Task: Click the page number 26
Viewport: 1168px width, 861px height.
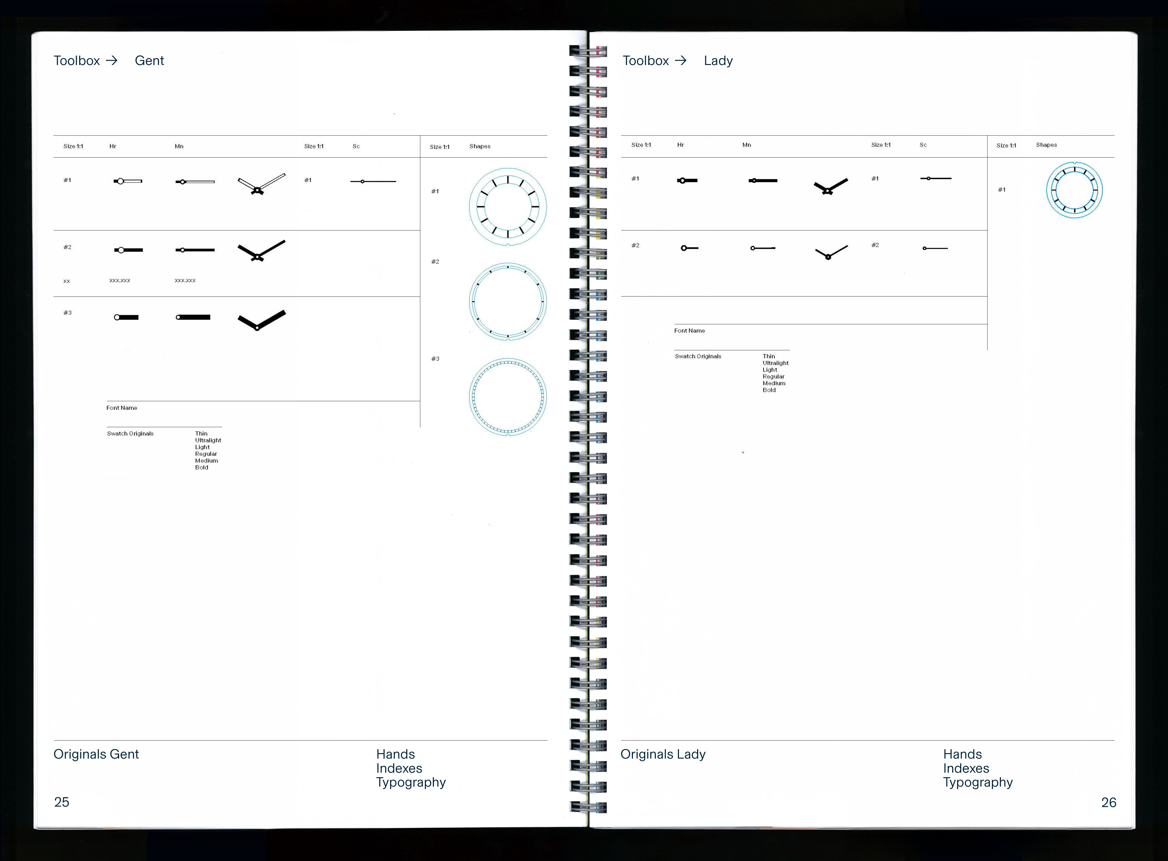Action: point(1108,802)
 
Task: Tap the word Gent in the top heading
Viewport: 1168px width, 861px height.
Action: point(149,61)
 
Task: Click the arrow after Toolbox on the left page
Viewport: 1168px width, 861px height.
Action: point(112,61)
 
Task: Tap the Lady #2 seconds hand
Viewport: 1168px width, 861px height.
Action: point(935,248)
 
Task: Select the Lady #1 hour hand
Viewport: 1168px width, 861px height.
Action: point(687,180)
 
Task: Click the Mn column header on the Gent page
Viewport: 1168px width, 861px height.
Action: point(179,146)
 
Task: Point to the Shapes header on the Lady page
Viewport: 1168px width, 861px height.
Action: point(1046,145)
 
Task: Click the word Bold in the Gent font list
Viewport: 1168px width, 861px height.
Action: point(202,467)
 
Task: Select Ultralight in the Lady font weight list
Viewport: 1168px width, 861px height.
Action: point(775,363)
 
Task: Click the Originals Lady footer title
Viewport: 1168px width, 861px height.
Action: point(663,754)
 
